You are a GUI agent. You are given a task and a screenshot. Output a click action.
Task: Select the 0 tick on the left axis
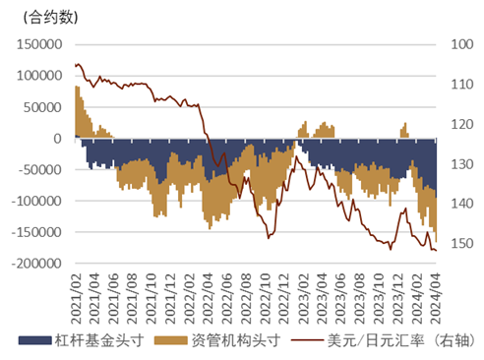tap(59, 139)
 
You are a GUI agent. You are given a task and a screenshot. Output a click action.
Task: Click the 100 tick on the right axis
tap(460, 44)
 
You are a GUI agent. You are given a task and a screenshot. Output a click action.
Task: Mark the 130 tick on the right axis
tap(460, 164)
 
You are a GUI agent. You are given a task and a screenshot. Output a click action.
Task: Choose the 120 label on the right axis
tap(460, 124)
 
